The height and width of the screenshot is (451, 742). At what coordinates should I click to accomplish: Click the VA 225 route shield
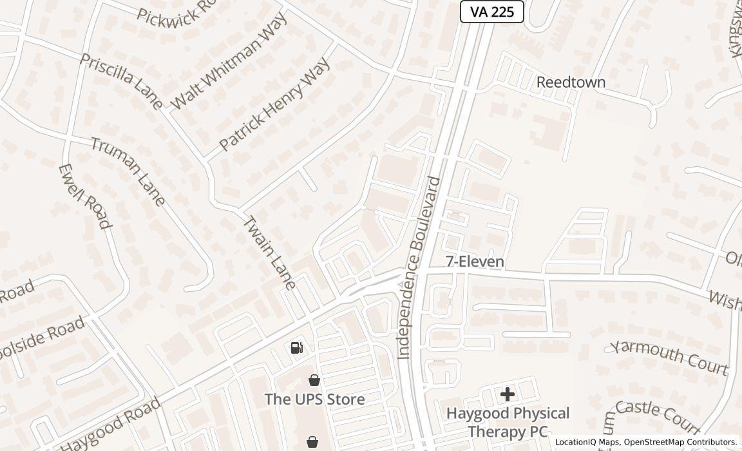pos(491,12)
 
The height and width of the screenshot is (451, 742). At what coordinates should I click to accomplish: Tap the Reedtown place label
pos(571,82)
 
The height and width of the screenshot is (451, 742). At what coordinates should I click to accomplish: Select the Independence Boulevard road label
pos(419,267)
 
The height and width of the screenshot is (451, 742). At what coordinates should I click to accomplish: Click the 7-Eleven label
pos(475,261)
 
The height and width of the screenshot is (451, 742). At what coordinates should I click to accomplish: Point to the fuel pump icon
pos(297,348)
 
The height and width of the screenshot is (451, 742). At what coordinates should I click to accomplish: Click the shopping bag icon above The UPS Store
pos(314,380)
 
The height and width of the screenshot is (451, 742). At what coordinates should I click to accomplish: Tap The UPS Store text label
pos(314,399)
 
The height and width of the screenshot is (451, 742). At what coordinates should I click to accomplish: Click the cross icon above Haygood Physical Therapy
pos(508,394)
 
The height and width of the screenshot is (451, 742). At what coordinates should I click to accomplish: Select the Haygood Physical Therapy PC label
pos(508,421)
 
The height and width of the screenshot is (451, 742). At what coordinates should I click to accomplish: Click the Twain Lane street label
pos(269,252)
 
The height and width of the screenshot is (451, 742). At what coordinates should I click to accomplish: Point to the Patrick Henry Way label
pos(274,104)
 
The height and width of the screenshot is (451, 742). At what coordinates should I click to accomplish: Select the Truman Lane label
pos(128,171)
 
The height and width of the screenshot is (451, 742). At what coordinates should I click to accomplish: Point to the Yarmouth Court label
pos(669,357)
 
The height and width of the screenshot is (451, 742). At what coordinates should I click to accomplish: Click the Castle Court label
pos(656,416)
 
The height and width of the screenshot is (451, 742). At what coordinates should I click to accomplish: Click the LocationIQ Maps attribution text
pos(587,442)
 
